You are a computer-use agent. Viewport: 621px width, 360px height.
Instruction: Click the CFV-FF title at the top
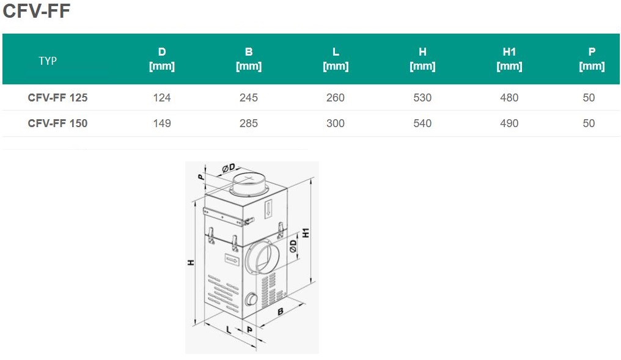click(37, 10)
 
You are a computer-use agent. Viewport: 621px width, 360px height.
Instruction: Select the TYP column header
click(48, 61)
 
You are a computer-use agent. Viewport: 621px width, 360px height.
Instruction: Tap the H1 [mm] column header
click(509, 59)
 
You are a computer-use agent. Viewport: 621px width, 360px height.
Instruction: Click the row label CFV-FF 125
click(58, 97)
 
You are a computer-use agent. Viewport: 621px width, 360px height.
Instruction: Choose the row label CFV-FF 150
click(58, 123)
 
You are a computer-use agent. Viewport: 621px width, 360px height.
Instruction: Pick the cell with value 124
click(162, 97)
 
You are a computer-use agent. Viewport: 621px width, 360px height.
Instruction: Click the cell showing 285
click(249, 123)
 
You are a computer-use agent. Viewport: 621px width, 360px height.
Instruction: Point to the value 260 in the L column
click(336, 97)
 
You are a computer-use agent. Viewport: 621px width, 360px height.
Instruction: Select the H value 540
click(422, 123)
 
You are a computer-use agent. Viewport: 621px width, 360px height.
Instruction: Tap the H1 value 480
click(509, 97)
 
